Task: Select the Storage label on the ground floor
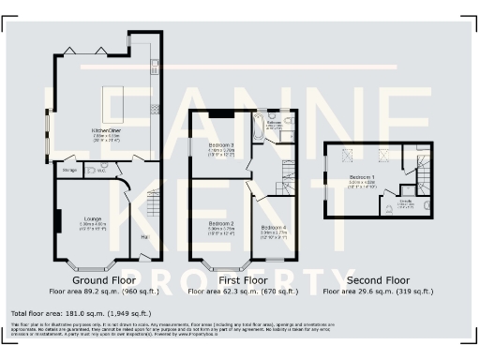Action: tap(69, 170)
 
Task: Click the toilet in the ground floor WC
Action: tap(103, 168)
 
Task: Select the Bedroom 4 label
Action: tap(274, 228)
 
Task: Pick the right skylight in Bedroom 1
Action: tap(382, 155)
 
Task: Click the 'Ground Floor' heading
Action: tap(104, 279)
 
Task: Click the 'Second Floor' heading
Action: tap(378, 279)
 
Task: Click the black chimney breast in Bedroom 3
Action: tap(221, 114)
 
